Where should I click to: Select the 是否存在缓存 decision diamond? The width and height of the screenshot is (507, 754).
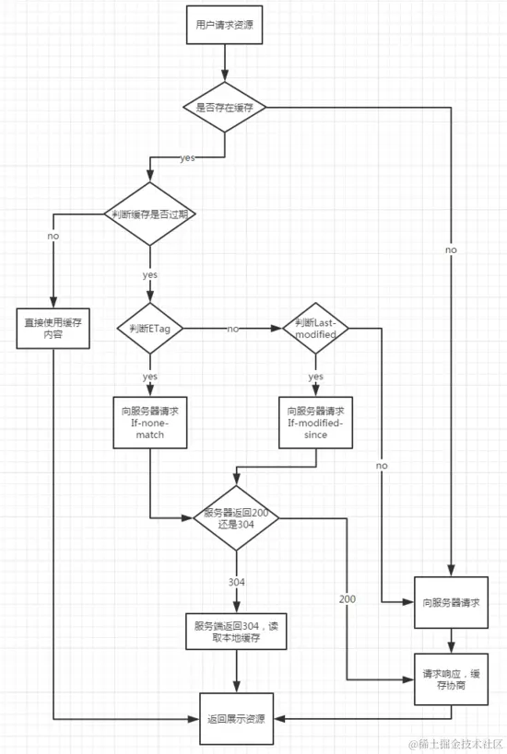[x=224, y=108]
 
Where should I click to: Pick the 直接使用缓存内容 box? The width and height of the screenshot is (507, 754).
[x=53, y=328]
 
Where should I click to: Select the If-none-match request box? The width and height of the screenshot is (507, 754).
[x=149, y=423]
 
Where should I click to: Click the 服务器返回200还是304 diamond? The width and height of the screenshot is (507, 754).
[x=236, y=518]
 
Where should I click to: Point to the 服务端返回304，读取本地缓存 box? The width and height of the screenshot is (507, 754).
[x=236, y=632]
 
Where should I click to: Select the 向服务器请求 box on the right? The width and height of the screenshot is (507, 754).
[x=450, y=602]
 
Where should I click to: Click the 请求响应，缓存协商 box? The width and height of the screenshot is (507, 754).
[x=450, y=678]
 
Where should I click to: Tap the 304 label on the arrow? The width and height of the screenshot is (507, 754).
[x=236, y=582]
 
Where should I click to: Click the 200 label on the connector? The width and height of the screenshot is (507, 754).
[x=348, y=599]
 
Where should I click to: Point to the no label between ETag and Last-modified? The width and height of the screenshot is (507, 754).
[x=233, y=328]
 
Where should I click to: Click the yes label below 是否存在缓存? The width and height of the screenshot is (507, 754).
[x=187, y=158]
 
